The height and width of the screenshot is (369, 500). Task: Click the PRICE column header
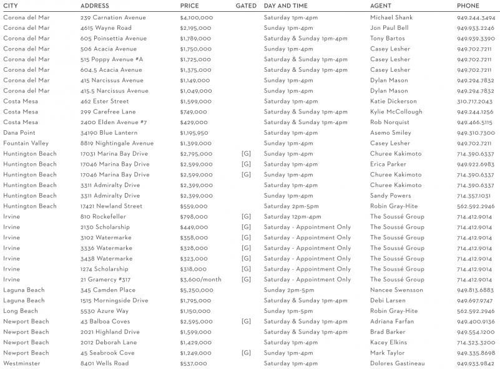[x=190, y=6]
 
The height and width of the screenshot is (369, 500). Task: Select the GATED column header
[x=246, y=6]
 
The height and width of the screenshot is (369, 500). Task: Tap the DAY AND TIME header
[x=285, y=6]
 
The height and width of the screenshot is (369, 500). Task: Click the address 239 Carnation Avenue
[x=113, y=17]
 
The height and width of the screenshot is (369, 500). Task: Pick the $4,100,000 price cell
[x=197, y=17]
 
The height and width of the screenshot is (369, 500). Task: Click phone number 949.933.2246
[x=476, y=28]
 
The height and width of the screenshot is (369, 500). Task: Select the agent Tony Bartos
[x=387, y=39]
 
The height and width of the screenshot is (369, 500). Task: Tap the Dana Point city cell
[x=19, y=133]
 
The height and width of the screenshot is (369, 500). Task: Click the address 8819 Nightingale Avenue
[x=117, y=143]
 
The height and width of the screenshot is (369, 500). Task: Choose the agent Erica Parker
[x=388, y=165]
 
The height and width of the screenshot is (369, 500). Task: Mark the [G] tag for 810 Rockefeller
[x=246, y=216]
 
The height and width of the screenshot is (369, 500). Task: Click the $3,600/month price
[x=200, y=279]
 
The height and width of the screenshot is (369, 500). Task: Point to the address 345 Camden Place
[x=107, y=290]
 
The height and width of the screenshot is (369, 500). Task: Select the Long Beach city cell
[x=21, y=311]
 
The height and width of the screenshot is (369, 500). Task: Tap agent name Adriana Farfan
[x=392, y=322]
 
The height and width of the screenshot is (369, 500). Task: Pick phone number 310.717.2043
[x=474, y=102]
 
